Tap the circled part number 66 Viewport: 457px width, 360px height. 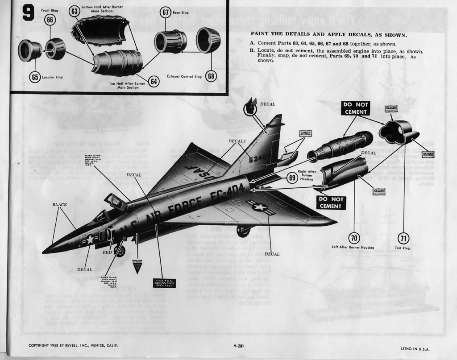coord(50,20)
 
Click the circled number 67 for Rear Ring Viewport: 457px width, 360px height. coord(165,12)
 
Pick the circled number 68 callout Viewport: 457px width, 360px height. coord(211,76)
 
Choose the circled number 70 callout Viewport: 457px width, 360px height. coord(354,239)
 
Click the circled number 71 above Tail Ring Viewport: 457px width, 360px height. coord(403,239)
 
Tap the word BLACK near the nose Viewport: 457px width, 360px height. coord(60,205)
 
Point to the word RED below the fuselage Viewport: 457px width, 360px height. coord(108,252)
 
